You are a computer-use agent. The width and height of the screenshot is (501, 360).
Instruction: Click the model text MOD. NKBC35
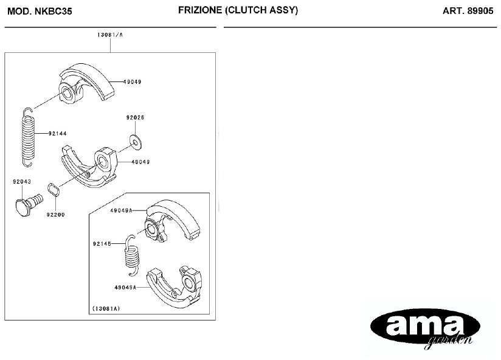click(x=40, y=11)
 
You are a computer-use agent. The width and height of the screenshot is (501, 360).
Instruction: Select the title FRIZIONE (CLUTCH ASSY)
click(x=238, y=10)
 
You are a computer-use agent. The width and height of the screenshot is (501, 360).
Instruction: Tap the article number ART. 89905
click(x=468, y=11)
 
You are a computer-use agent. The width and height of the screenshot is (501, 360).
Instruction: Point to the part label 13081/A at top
click(x=110, y=35)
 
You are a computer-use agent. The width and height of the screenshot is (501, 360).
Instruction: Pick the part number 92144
click(x=58, y=134)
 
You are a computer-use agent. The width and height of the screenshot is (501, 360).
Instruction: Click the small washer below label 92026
click(x=136, y=142)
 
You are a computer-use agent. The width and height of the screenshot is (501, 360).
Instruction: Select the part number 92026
click(x=135, y=117)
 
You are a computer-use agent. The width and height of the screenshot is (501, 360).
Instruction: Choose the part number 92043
click(x=22, y=182)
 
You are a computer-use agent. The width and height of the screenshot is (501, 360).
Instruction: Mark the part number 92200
click(x=55, y=215)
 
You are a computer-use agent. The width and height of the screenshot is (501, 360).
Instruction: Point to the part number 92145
click(x=102, y=244)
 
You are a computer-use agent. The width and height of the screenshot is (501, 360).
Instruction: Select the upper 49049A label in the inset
click(x=121, y=210)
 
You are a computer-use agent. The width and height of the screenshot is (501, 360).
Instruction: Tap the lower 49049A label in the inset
click(x=125, y=288)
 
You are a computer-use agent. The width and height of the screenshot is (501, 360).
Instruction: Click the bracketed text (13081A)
click(x=106, y=308)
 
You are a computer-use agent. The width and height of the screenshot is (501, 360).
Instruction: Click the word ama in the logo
click(x=424, y=325)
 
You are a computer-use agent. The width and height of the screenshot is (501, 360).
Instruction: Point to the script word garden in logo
click(x=449, y=342)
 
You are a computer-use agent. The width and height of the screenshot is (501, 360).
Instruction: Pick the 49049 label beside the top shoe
click(x=133, y=81)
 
